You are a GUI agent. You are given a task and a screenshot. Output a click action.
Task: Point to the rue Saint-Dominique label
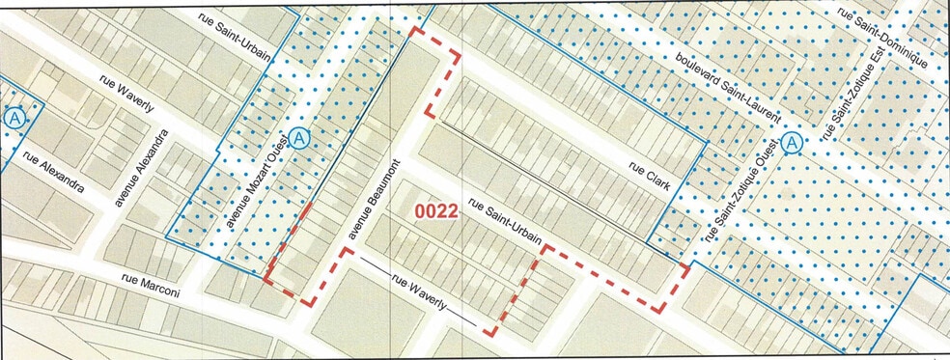pyautogui.click(x=882, y=38)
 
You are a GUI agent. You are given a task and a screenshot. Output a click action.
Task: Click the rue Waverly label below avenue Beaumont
pyautogui.click(x=419, y=293)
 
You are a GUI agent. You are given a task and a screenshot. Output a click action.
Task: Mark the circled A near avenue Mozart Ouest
pyautogui.click(x=301, y=139)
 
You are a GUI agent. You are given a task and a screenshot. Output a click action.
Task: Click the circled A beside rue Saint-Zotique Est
pyautogui.click(x=793, y=143)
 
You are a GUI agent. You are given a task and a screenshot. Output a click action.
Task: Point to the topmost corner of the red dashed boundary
pyautogui.click(x=415, y=30)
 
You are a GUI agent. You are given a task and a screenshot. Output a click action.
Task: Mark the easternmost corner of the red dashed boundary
pyautogui.click(x=686, y=265)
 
